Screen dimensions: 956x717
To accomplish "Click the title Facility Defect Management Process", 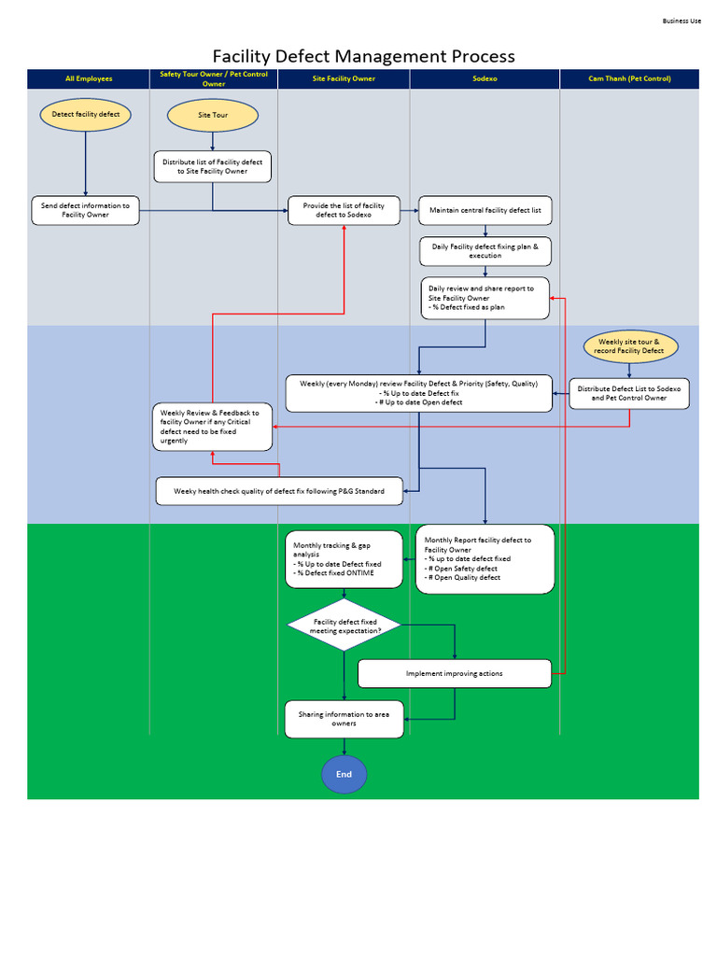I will (x=363, y=56).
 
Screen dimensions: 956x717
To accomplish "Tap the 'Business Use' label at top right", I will (x=682, y=21).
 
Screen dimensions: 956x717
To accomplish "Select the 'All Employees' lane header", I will (x=89, y=79).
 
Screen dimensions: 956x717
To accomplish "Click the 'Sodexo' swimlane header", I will (x=485, y=79).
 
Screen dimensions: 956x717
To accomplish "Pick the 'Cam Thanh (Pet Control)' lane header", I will (x=629, y=79).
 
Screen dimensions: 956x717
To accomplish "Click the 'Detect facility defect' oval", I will (x=86, y=115).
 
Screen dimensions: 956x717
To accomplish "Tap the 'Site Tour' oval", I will (x=213, y=116).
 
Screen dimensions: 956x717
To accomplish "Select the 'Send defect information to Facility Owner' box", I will (x=85, y=210).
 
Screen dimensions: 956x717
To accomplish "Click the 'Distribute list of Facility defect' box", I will (x=213, y=166).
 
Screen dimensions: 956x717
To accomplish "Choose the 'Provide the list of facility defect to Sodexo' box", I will (x=344, y=210).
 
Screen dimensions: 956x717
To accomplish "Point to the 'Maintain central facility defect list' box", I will (x=485, y=210).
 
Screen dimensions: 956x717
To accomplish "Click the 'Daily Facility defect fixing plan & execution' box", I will (x=485, y=251).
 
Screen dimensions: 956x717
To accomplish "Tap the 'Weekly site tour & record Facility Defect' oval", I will (x=629, y=346).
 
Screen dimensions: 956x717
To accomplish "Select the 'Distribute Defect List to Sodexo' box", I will (x=629, y=393).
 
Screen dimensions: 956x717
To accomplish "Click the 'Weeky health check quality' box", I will (x=279, y=491).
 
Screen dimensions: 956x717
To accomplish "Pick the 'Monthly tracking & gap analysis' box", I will (x=344, y=559).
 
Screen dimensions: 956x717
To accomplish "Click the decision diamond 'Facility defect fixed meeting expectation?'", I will (x=344, y=626).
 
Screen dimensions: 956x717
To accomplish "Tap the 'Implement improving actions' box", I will (x=455, y=673).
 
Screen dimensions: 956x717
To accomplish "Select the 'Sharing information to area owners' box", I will (x=344, y=719).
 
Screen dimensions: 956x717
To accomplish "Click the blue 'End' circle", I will (x=344, y=775).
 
